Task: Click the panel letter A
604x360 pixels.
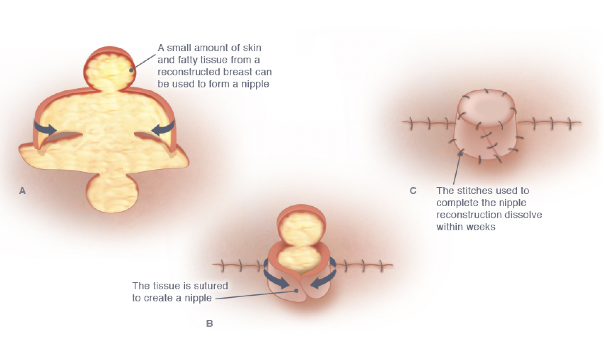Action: point(22,190)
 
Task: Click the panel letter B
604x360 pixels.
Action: point(209,324)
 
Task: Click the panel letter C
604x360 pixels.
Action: point(413,190)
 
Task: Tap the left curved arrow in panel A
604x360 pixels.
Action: point(45,128)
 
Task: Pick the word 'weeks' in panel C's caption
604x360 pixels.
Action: point(482,227)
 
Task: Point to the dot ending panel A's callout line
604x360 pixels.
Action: point(132,70)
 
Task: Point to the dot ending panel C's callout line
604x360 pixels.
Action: point(461,154)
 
